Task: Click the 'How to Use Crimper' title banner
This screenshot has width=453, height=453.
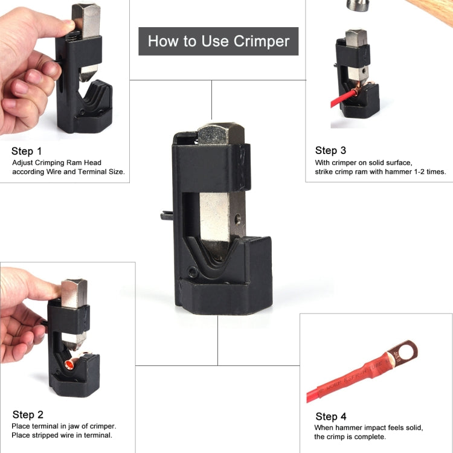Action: coord(218,41)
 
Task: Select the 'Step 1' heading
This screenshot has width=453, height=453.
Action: coord(27,151)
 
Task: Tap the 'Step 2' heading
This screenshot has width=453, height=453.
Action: coord(28,414)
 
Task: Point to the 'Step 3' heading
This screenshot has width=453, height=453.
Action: coord(330,150)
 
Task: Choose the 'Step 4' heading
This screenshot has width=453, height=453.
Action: coord(331,416)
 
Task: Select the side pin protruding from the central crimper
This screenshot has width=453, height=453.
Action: coord(166,215)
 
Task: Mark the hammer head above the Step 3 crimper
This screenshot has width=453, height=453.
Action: coord(360,5)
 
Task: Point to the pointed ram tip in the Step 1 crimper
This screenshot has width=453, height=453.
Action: coord(86,77)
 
